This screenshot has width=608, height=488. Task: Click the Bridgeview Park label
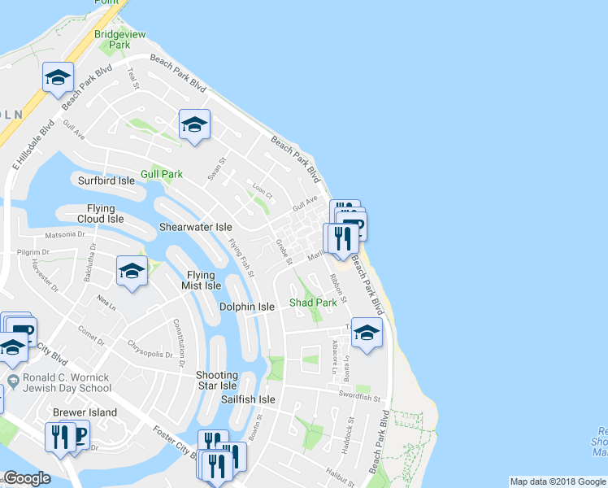(112, 40)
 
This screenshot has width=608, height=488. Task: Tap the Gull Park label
(162, 174)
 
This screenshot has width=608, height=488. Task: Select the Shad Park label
(314, 303)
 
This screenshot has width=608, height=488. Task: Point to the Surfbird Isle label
(106, 181)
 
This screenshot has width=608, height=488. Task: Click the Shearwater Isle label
(195, 228)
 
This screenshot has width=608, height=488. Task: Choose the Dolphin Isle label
(247, 307)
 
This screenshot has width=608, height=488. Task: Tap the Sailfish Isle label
(249, 400)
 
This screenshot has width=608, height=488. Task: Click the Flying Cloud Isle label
(101, 213)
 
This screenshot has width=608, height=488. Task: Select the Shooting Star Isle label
(216, 380)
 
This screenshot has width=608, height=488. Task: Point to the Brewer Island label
(85, 412)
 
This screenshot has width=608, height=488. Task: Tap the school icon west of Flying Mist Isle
(132, 271)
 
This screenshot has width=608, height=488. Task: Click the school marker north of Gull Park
(194, 124)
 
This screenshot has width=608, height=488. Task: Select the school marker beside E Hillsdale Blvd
(59, 77)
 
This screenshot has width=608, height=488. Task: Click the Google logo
(27, 478)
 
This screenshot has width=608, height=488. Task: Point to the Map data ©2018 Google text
(557, 481)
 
